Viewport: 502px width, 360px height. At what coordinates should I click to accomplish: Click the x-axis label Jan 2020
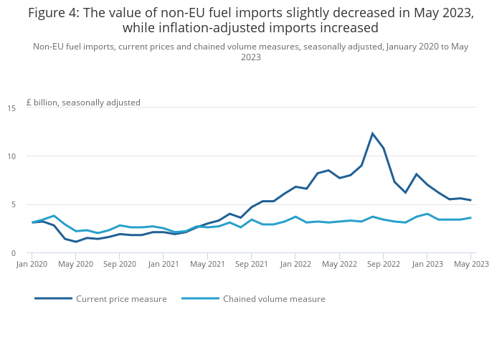[x=32, y=264]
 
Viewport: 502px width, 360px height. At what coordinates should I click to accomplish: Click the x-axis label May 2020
[x=75, y=264]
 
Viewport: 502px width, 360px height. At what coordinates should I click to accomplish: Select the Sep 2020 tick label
[x=120, y=264]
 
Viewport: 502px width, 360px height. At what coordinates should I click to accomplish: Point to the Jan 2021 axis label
[x=164, y=264]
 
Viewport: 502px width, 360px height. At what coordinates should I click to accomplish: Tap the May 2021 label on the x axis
[x=207, y=264]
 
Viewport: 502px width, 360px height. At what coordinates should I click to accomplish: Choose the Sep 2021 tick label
[x=252, y=264]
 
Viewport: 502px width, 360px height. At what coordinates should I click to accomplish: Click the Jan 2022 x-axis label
[x=295, y=264]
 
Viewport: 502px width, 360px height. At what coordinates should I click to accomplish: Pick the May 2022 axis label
[x=339, y=264]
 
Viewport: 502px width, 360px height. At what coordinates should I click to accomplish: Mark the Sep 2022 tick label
[x=384, y=264]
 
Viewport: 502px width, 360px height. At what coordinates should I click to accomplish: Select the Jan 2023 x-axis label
[x=427, y=264]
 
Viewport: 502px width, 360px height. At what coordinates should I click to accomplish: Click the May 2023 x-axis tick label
[x=471, y=264]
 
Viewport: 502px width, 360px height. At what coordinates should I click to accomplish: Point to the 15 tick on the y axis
[x=11, y=108]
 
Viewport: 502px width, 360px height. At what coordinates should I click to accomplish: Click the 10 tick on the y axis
[x=11, y=156]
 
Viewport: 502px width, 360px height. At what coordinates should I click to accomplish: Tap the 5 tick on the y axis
[x=13, y=204]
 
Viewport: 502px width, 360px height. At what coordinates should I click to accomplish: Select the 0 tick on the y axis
[x=13, y=253]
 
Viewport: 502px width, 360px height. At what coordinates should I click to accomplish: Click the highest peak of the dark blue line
[x=373, y=133]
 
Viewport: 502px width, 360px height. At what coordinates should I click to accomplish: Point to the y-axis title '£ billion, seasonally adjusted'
[x=83, y=103]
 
